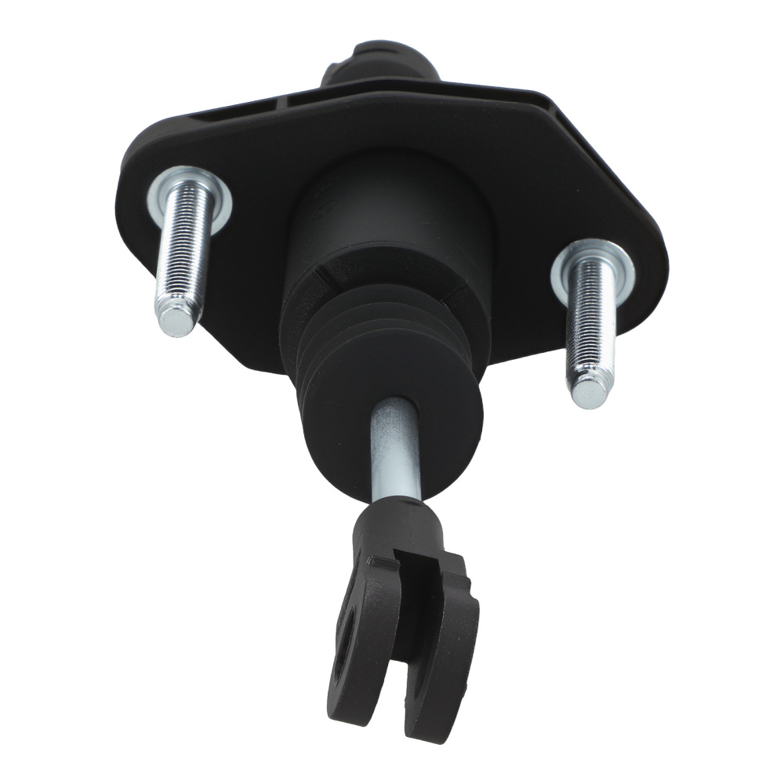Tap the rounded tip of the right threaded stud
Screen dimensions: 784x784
tap(590, 389)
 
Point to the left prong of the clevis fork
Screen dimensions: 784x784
tap(357, 627)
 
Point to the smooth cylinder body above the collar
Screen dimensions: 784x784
tap(384, 204)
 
